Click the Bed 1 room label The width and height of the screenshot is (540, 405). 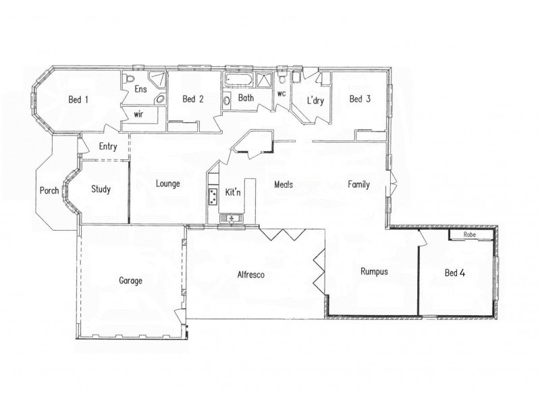78,99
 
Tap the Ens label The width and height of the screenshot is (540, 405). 140,89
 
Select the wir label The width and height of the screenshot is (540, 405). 138,114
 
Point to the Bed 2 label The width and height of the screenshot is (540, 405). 193,99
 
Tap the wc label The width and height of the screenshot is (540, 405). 282,94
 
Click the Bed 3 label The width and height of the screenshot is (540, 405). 360,99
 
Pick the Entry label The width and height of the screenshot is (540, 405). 108,146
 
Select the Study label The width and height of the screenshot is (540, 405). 101,190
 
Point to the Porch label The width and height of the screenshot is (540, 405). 49,190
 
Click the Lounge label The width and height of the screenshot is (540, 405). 167,183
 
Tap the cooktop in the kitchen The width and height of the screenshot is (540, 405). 213,197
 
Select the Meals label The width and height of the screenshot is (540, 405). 283,184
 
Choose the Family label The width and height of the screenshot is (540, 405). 358,184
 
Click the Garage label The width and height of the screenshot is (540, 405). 130,281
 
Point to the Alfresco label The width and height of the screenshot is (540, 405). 250,275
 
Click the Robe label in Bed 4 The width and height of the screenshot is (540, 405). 470,235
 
